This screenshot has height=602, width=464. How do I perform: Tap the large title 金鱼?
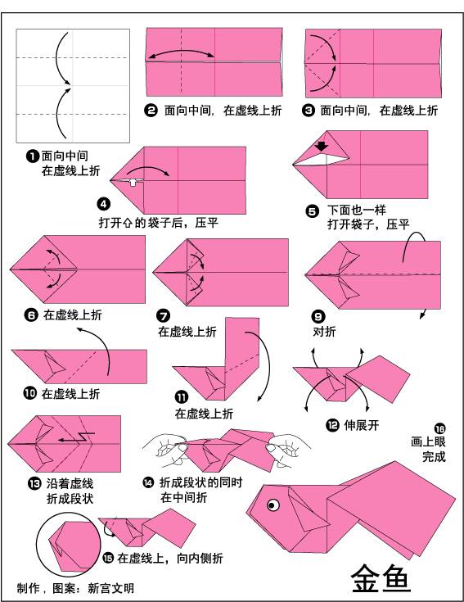[x=381, y=578]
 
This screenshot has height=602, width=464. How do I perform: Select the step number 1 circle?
[x=32, y=155]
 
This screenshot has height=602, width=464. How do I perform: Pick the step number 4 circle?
[x=103, y=204]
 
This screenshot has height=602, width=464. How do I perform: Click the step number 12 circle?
[x=331, y=424]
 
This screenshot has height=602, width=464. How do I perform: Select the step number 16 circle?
[x=440, y=428]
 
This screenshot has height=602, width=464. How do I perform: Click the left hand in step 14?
[x=170, y=446]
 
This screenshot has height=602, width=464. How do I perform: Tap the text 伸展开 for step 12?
[x=361, y=425]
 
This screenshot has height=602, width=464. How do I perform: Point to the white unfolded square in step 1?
[x=73, y=86]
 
